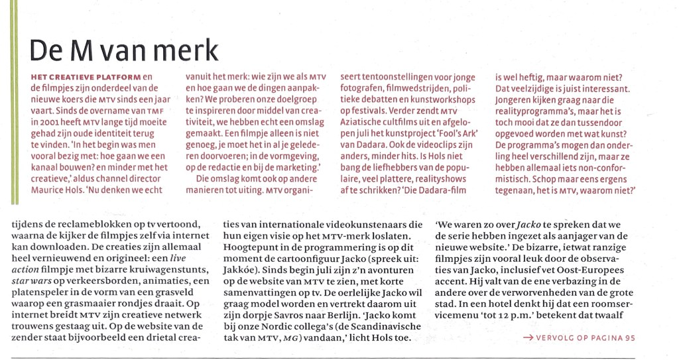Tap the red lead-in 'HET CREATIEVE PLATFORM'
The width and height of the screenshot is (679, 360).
tap(86, 77)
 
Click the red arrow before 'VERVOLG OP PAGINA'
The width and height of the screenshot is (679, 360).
tap(528, 337)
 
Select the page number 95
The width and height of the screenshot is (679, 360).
tap(630, 337)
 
